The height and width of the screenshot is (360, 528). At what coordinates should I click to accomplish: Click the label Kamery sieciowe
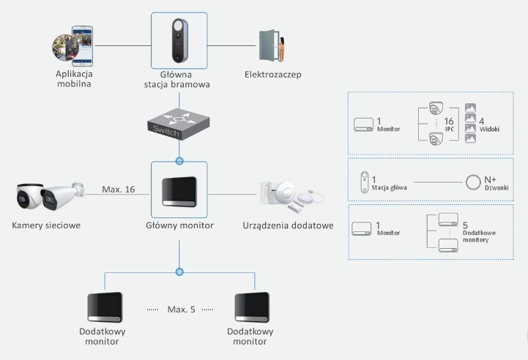(46, 225)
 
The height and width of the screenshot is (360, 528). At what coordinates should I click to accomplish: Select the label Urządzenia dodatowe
(288, 225)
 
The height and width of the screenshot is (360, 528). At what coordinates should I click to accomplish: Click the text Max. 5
(181, 309)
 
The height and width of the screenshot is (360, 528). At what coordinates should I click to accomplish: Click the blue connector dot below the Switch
(179, 159)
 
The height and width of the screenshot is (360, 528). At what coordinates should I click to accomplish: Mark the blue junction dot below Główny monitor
(179, 271)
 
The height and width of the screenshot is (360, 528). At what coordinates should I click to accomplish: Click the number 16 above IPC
(450, 121)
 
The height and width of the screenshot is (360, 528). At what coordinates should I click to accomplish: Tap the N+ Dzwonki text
(491, 183)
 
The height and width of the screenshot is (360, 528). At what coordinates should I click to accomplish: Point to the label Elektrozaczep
(274, 75)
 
